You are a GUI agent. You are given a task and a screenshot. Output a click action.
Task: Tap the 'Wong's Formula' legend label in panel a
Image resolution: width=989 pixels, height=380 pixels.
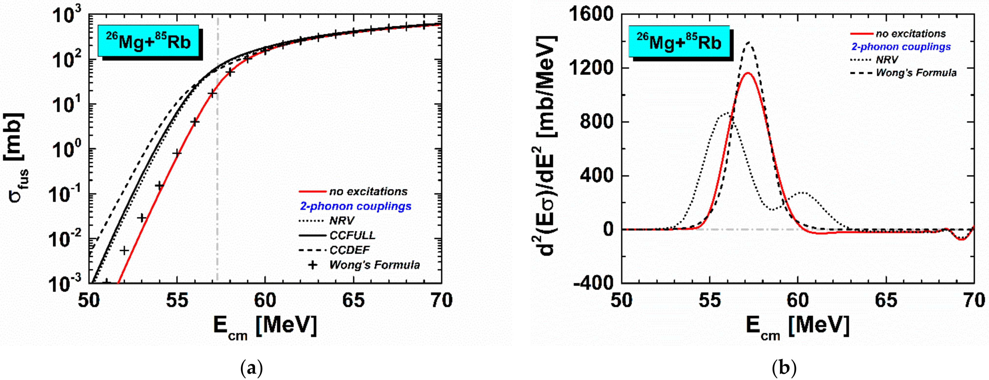click(374, 265)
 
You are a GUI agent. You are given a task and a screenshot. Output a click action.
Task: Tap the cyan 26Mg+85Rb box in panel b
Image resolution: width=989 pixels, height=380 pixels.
click(679, 42)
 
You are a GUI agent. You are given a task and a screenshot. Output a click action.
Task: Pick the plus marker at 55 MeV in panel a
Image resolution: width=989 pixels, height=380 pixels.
click(177, 153)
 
